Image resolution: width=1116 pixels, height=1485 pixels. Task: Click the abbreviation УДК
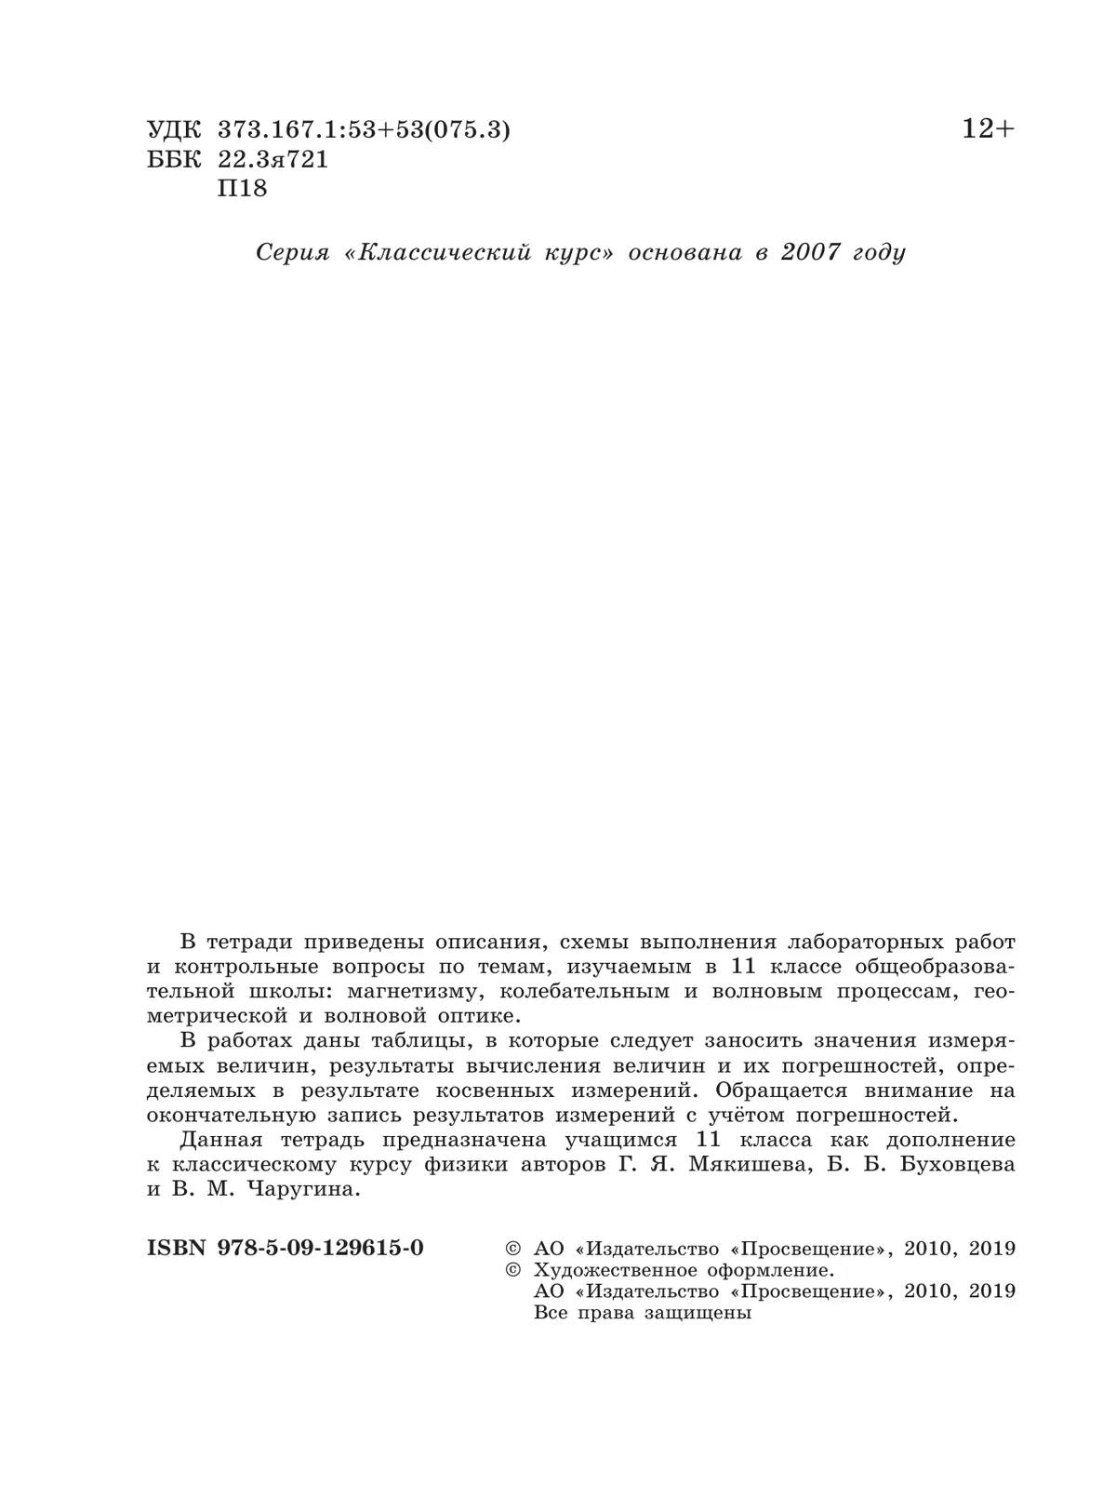[x=173, y=131]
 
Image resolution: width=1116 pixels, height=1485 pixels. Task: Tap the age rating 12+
[x=989, y=129]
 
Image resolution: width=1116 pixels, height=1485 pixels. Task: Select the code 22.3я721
[x=272, y=159]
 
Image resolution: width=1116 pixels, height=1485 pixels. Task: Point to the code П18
[x=242, y=188]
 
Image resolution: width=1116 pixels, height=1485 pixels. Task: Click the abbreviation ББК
[x=173, y=159]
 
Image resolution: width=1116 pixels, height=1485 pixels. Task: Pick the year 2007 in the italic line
[x=810, y=252]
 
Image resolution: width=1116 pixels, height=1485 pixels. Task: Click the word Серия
[x=292, y=252]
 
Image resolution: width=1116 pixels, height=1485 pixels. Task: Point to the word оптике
[x=467, y=1015]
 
